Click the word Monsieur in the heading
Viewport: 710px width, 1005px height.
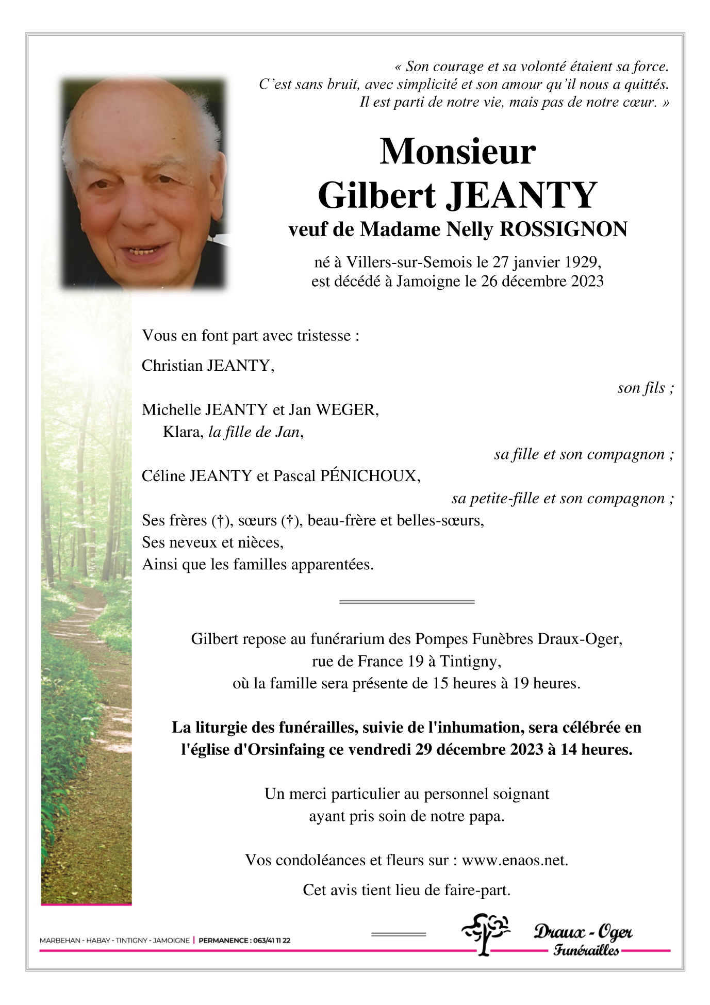click(x=457, y=152)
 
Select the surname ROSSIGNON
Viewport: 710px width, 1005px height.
click(x=563, y=229)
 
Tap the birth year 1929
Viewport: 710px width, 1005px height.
click(x=582, y=262)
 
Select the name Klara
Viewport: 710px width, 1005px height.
click(x=183, y=432)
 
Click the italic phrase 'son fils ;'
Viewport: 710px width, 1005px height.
click(x=645, y=388)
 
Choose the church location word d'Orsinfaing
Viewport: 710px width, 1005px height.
click(x=279, y=750)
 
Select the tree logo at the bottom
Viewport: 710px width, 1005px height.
click(x=484, y=933)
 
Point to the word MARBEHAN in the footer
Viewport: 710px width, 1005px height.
click(x=60, y=941)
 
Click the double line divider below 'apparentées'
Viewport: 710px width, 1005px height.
click(x=406, y=602)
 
